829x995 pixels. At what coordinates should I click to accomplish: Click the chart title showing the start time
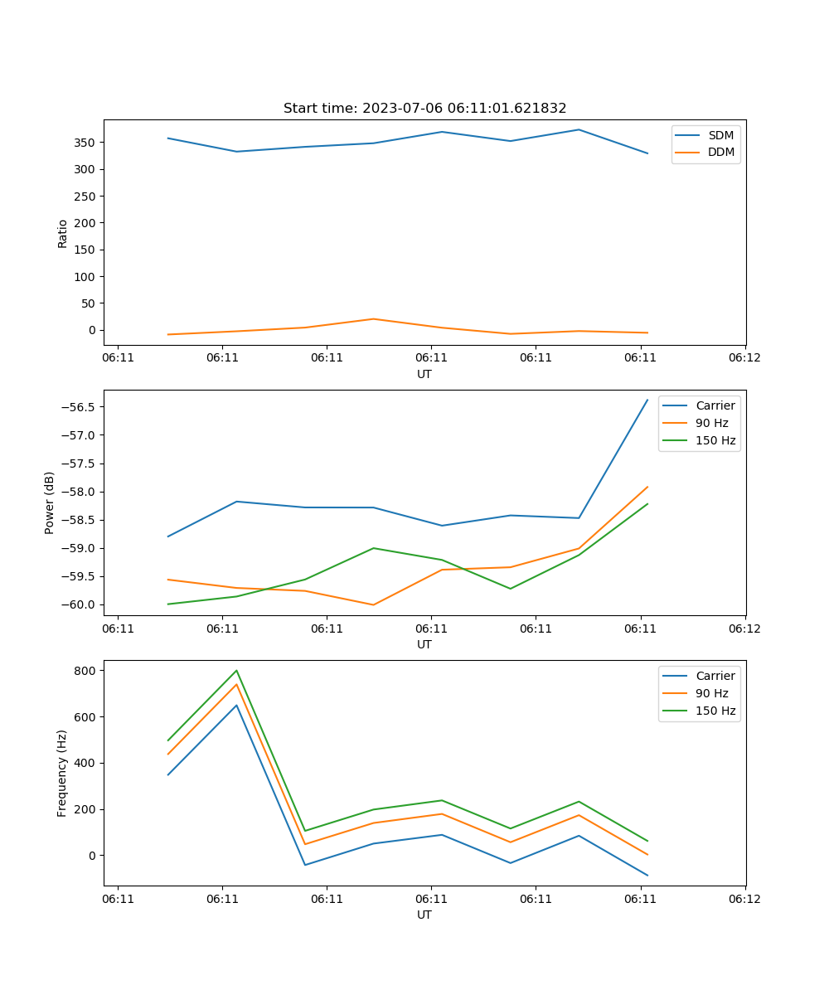click(x=424, y=109)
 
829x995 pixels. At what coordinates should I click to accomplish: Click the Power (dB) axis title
click(x=50, y=502)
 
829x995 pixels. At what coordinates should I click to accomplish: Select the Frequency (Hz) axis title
click(x=62, y=773)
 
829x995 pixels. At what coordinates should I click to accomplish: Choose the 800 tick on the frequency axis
click(x=85, y=670)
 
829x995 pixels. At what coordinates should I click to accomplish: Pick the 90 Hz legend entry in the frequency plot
click(x=711, y=693)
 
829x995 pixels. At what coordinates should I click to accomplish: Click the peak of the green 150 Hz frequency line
click(x=236, y=671)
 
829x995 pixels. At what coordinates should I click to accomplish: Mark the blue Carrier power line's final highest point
click(x=647, y=400)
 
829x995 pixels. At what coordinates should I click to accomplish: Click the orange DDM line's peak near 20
click(x=373, y=319)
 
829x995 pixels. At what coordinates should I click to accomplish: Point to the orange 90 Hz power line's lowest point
click(x=373, y=605)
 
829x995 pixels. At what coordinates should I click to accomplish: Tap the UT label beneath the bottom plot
click(x=424, y=915)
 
